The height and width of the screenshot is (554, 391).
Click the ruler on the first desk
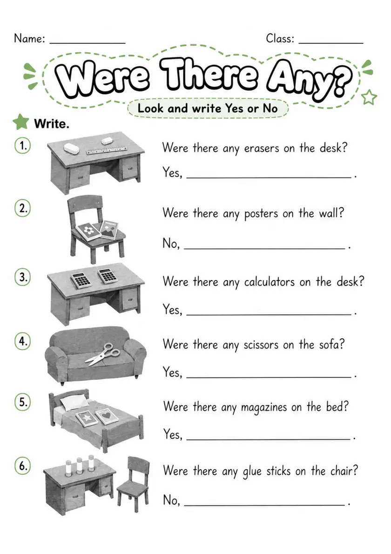click(x=107, y=150)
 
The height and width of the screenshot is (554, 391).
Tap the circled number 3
click(x=23, y=277)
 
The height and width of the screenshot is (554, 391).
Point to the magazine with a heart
click(x=109, y=416)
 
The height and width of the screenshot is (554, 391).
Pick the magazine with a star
click(x=87, y=419)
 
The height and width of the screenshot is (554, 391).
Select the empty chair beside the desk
click(x=134, y=484)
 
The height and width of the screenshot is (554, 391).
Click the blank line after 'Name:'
click(x=88, y=43)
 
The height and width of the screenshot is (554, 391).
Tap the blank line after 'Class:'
click(x=330, y=43)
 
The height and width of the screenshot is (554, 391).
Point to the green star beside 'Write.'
click(x=21, y=122)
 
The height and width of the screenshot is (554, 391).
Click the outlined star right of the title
click(x=369, y=97)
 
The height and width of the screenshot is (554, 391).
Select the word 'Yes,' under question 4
click(x=172, y=372)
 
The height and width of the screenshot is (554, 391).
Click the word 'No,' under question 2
click(x=171, y=243)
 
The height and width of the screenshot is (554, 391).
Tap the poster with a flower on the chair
click(x=87, y=231)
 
